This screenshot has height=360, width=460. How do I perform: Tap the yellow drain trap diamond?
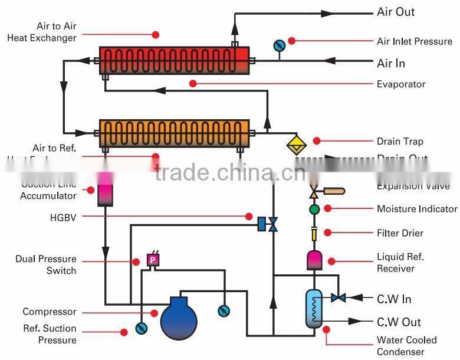tap(295, 145)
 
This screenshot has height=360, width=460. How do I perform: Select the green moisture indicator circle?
tap(314, 209)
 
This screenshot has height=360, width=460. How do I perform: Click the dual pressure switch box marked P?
tap(153, 260)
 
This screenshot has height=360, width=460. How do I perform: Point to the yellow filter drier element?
tap(314, 234)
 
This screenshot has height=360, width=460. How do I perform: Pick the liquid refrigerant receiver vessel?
tap(314, 260)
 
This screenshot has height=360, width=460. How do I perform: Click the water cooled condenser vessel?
tap(314, 308)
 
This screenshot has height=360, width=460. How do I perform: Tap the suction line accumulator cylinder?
tap(106, 190)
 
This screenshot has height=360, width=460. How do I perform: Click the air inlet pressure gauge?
tap(279, 45)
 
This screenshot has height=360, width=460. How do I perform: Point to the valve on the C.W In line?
tap(338, 297)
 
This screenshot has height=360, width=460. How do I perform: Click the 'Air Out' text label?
tap(396, 12)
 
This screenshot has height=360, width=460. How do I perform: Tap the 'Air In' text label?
tap(391, 63)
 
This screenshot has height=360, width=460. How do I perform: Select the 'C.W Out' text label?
tap(395, 322)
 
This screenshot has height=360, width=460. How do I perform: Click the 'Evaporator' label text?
tap(401, 84)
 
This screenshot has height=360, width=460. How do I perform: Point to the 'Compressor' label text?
tap(50, 312)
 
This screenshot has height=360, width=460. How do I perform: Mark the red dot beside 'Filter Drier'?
tap(328, 233)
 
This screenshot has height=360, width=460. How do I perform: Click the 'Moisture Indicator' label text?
tap(417, 209)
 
